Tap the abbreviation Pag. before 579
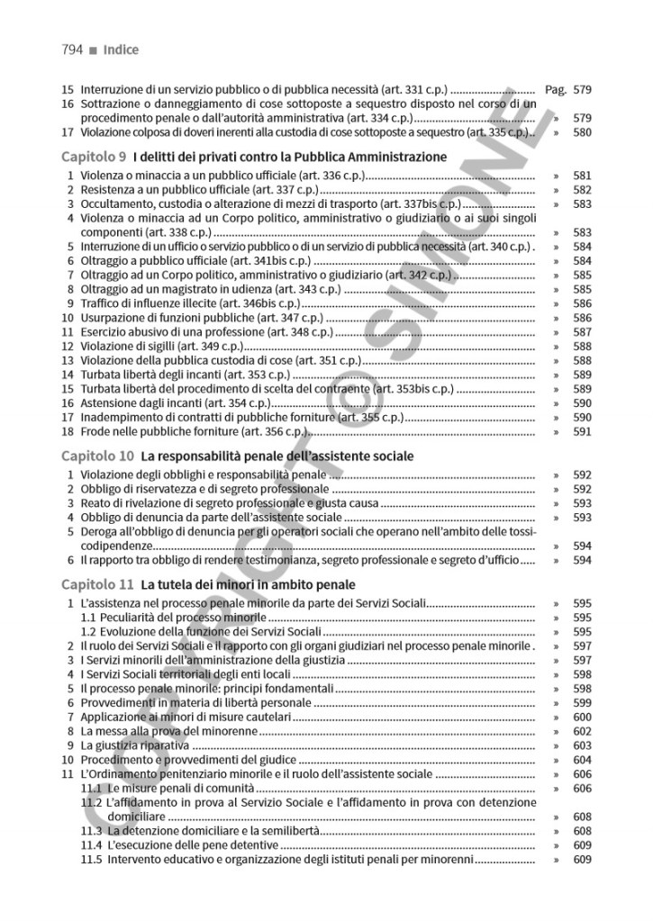(556, 90)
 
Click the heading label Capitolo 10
(101, 456)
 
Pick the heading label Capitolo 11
(101, 584)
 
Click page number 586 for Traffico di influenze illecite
(582, 304)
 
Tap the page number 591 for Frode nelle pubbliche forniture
(582, 431)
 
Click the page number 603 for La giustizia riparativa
(582, 746)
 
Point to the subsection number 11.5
(91, 860)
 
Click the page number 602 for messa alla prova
(582, 732)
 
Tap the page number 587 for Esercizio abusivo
(582, 332)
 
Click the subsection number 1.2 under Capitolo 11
(90, 632)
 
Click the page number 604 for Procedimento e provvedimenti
(582, 760)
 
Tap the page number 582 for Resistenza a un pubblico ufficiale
(582, 190)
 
